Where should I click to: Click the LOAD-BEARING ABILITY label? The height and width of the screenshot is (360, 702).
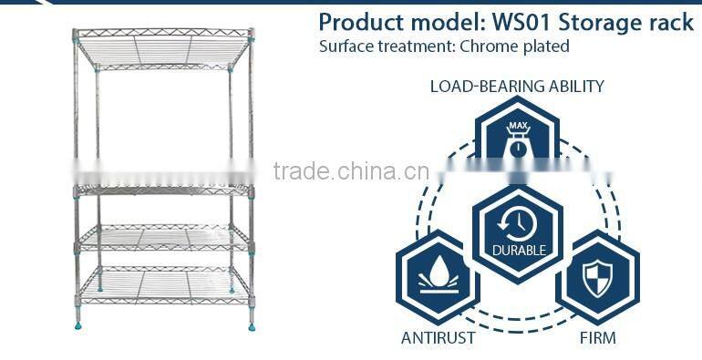517,87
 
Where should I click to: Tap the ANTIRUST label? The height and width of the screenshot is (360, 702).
438,338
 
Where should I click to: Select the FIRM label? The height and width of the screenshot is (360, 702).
597,338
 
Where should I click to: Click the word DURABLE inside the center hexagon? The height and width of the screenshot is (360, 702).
518,250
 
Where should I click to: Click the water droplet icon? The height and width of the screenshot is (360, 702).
438,274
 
